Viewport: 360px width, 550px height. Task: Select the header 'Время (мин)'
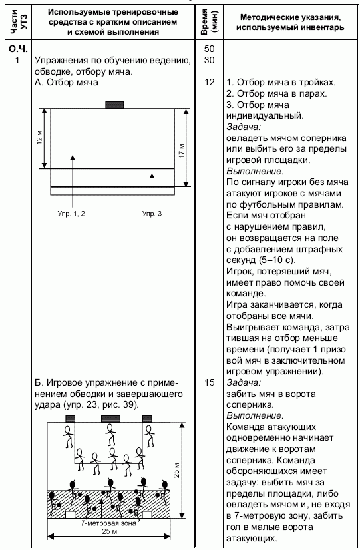209,22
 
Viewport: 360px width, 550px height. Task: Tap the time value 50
209,49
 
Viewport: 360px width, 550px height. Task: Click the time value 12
209,83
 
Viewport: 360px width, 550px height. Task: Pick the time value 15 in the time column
209,382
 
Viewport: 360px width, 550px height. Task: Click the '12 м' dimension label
40,138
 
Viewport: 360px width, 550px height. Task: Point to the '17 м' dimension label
182,151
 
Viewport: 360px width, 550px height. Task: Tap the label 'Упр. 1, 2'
71,214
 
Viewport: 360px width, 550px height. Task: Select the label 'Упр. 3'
152,214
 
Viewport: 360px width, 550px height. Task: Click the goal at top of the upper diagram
115,105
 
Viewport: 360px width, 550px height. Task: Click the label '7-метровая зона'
108,523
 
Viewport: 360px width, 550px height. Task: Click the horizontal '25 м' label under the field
109,531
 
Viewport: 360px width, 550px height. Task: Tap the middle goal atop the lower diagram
110,419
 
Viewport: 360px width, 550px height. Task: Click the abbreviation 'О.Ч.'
19,49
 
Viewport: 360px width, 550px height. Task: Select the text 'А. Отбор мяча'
67,83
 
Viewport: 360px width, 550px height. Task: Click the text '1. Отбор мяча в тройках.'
281,83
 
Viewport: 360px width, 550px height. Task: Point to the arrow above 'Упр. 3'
152,186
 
